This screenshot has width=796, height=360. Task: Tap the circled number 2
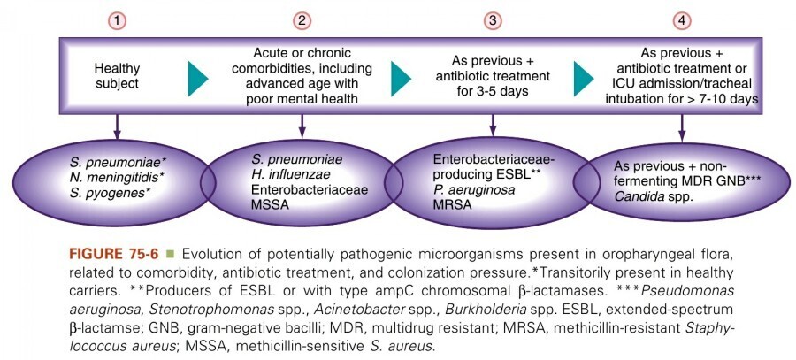pos(302,19)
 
